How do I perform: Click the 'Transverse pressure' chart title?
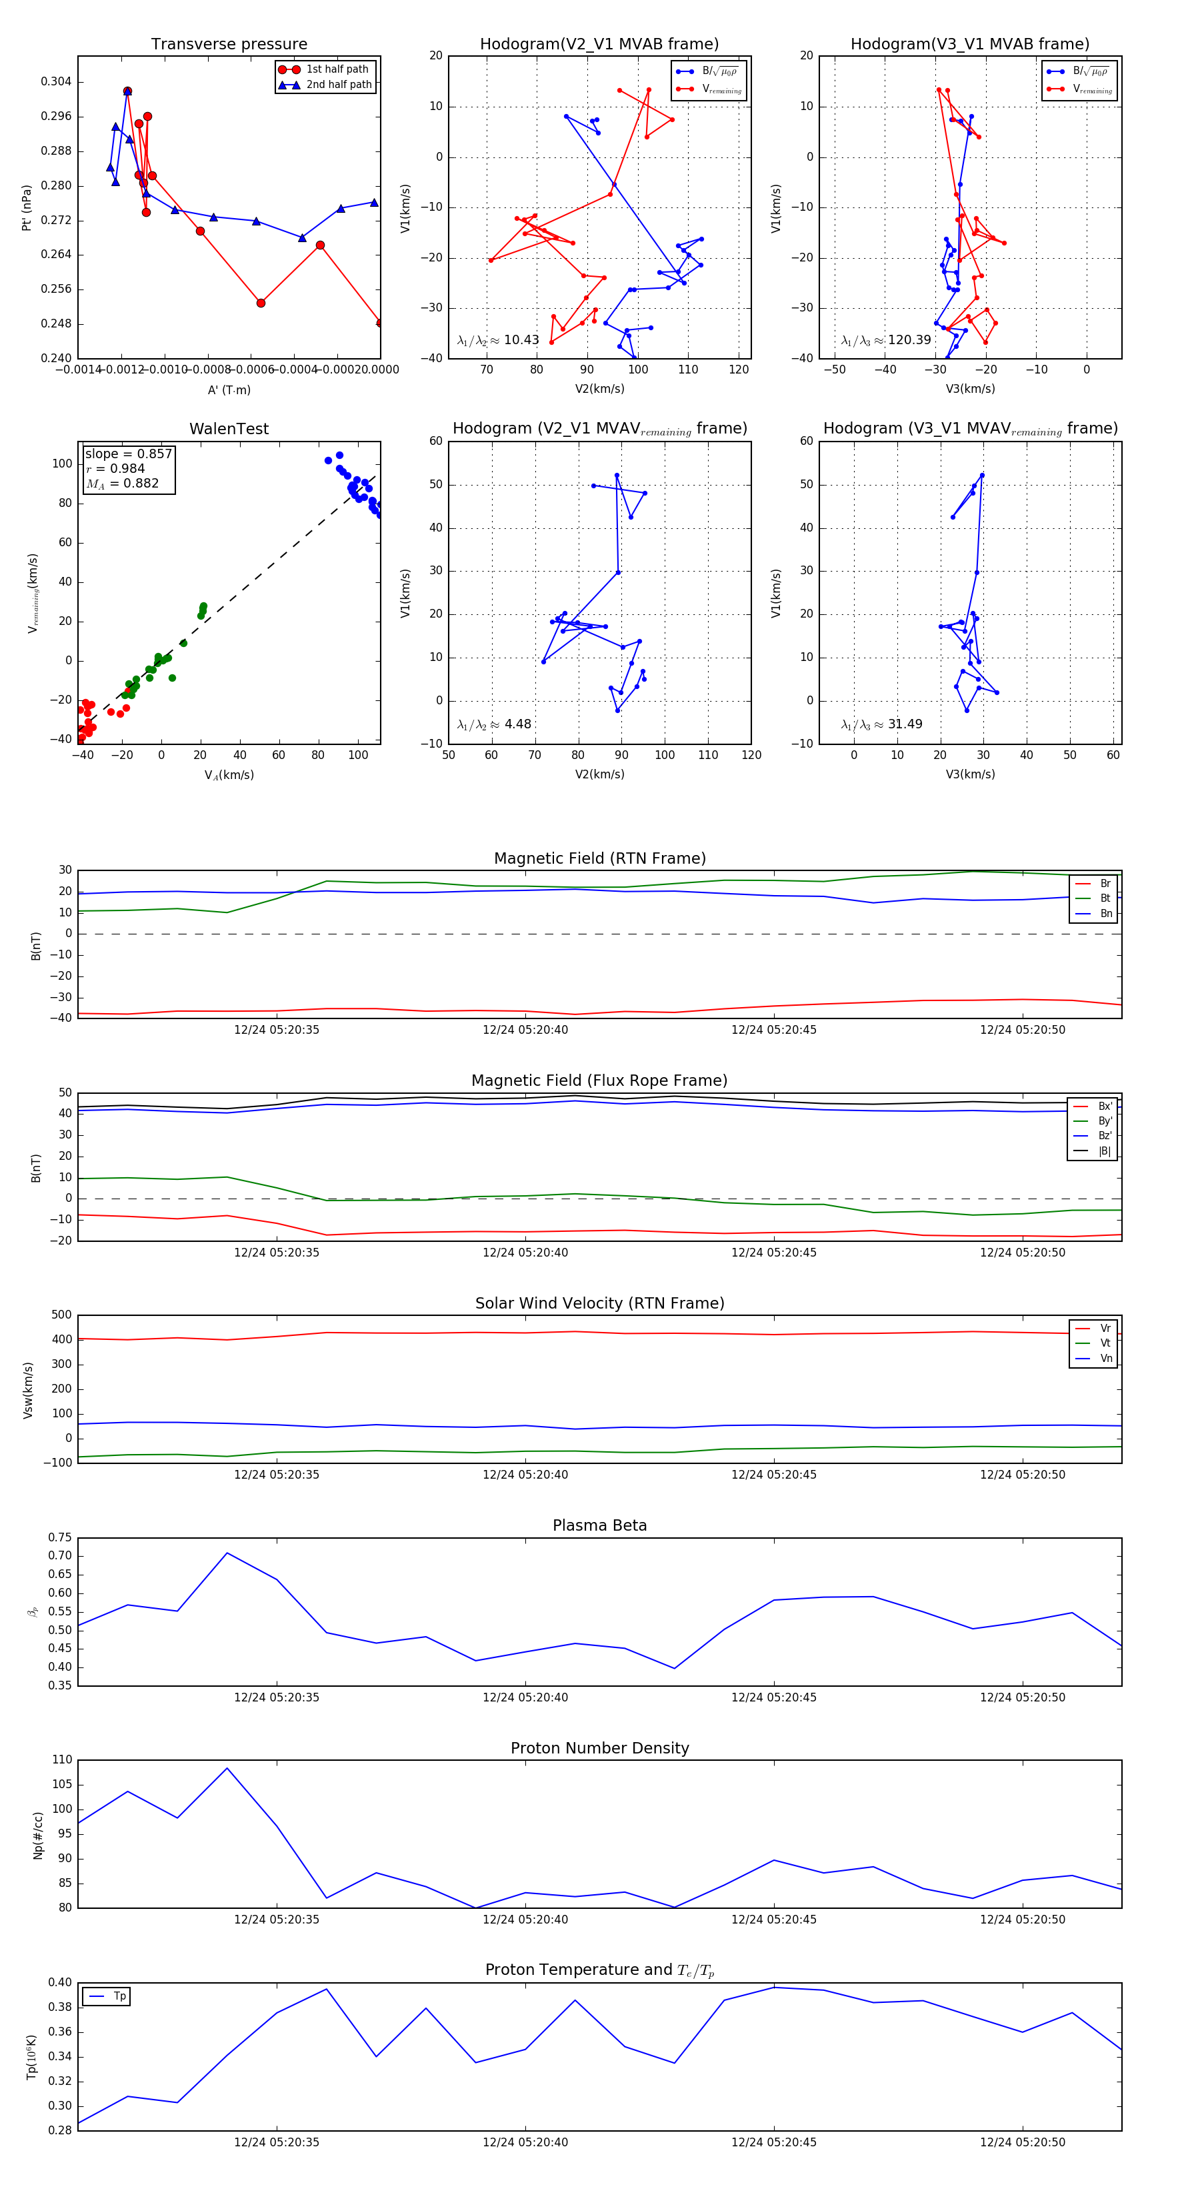(229, 45)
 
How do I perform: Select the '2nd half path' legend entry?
(338, 85)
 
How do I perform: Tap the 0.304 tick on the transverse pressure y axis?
(57, 82)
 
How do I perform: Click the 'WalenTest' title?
(229, 429)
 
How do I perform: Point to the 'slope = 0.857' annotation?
(128, 454)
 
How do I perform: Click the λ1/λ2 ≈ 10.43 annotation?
(498, 340)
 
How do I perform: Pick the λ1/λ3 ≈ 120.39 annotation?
(886, 340)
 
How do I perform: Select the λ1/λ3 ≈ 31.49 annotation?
(881, 724)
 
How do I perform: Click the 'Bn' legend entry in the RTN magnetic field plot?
(1105, 913)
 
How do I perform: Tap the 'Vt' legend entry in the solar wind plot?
(1105, 1343)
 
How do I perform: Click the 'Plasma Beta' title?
(599, 1525)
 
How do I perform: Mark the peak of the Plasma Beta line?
(227, 1553)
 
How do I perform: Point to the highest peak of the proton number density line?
(227, 1768)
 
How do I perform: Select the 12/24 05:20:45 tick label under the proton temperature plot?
(774, 2142)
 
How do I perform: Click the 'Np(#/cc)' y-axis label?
(37, 1836)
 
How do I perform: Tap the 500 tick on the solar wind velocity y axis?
(61, 1315)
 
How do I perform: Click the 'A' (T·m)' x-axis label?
(229, 390)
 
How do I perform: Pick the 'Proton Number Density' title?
(599, 1748)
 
